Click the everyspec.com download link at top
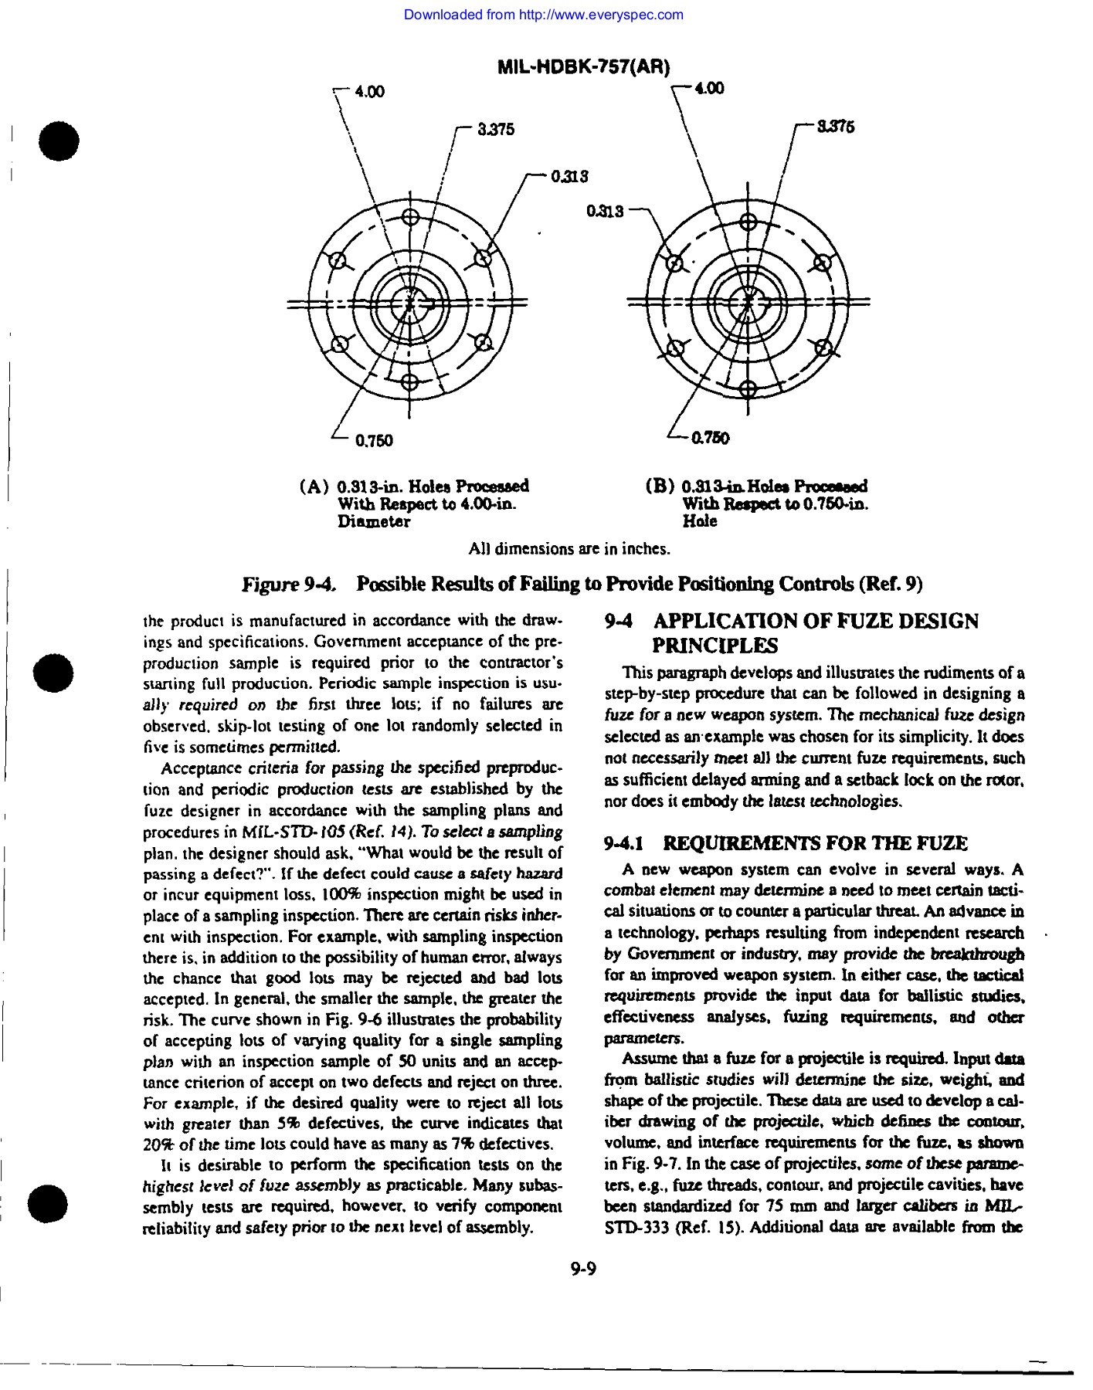pos(543,15)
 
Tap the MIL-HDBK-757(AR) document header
pos(583,67)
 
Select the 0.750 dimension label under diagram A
pos(374,441)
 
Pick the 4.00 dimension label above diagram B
pos(709,89)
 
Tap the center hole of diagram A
pos(410,302)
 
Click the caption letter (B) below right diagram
pos(659,487)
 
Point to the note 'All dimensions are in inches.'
pos(569,550)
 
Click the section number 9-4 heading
pos(621,622)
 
